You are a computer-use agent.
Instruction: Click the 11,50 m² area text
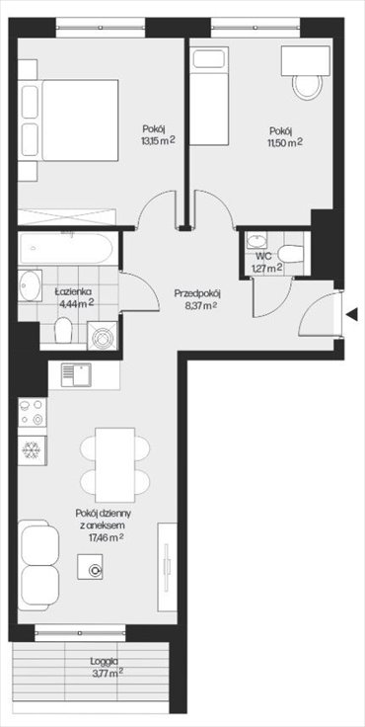coord(286,141)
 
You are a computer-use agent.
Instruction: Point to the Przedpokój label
coord(195,292)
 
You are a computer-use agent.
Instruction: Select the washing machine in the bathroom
coord(102,337)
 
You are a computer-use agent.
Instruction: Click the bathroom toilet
coord(62,335)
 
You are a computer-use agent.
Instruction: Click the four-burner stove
coord(31,410)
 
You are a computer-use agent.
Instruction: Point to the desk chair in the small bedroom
coord(305,86)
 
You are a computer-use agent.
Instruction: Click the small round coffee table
coord(96,570)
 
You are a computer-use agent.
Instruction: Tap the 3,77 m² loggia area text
coord(107,676)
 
